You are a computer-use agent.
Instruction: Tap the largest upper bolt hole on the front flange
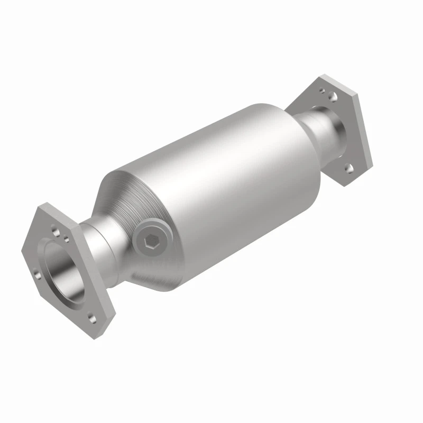(56, 231)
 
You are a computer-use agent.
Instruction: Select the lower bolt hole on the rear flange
(348, 168)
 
